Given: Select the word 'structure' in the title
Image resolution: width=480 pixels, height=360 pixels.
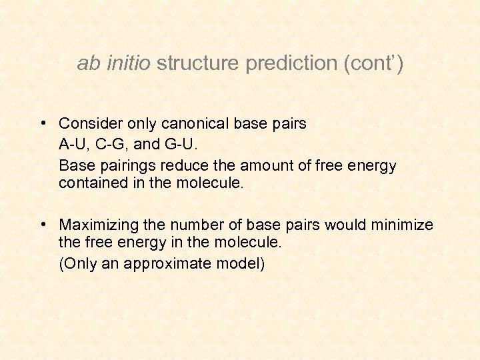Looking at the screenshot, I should coord(198,64).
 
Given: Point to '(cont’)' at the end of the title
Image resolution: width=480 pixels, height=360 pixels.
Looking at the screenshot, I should coord(372,64).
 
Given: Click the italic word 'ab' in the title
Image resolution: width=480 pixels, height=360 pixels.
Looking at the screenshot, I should coord(87,64).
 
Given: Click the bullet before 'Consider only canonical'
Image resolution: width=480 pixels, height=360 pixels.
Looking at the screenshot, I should coord(42,123).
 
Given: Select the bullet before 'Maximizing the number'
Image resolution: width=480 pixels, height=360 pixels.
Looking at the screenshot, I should coord(42,225).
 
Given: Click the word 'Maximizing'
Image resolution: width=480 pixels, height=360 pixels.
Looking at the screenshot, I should coord(97,225).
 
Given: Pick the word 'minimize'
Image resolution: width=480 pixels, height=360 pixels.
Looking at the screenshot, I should coord(403,225).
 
